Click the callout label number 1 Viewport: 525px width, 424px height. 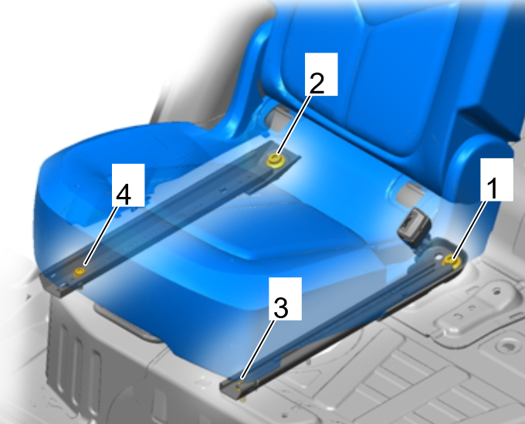(496, 180)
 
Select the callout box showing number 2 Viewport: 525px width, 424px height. (321, 74)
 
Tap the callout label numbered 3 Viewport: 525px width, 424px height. (285, 298)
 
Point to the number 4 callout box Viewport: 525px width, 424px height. (128, 185)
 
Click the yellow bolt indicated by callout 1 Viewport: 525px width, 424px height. (451, 260)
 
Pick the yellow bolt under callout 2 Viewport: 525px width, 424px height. (275, 161)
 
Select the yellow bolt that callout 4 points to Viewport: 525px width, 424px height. (80, 273)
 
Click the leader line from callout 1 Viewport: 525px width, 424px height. (469, 229)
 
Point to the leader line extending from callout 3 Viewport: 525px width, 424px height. (258, 350)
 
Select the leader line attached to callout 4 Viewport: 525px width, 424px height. (100, 236)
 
